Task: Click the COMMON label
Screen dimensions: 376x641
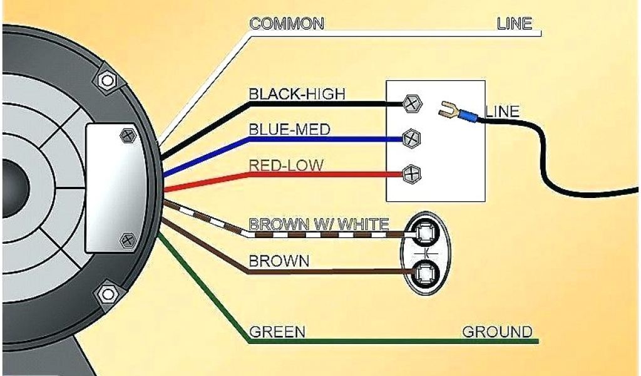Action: pos(287,24)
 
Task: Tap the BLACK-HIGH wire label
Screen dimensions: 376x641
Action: pos(297,94)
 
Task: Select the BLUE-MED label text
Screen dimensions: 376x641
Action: pos(289,130)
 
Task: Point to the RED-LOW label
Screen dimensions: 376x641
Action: pos(286,165)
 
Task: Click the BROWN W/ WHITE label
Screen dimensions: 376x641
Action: pos(319,224)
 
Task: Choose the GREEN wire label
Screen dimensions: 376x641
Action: pos(277,332)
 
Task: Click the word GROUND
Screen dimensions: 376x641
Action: pos(497,332)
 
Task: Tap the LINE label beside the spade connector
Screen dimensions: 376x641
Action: pos(502,112)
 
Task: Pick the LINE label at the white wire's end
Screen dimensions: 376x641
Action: pos(514,24)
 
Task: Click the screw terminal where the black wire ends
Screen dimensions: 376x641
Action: pos(411,103)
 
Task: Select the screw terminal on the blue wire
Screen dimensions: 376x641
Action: pos(411,137)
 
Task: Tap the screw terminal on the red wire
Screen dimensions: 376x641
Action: pos(411,173)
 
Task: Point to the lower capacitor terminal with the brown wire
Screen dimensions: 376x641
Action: pos(426,272)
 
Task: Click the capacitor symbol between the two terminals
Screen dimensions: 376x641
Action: pos(426,253)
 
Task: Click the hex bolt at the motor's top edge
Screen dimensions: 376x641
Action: pos(106,80)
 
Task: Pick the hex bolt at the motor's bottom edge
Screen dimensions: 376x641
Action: pos(108,293)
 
